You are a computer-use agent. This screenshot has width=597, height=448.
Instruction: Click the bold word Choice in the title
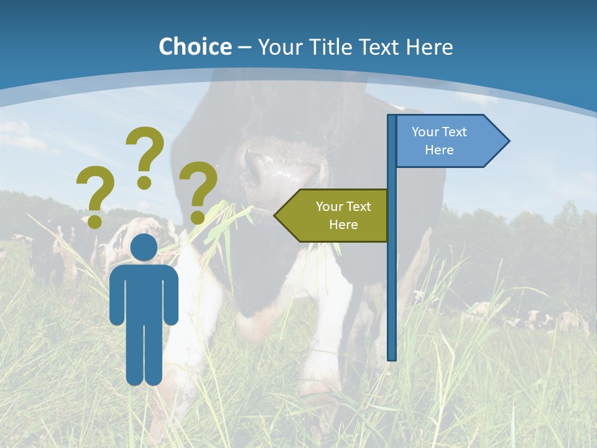(x=195, y=47)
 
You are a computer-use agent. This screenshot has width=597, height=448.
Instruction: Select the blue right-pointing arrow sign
(x=451, y=141)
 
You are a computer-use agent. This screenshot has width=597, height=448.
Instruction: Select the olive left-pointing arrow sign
(x=333, y=215)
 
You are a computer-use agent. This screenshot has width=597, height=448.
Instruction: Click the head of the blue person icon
(x=144, y=247)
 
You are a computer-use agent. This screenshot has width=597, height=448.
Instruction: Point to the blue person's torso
(x=144, y=292)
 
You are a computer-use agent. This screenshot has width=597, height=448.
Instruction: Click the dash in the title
(x=244, y=47)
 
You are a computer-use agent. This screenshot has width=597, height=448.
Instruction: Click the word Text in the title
(x=381, y=47)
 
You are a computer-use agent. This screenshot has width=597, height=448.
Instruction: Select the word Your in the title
(x=280, y=47)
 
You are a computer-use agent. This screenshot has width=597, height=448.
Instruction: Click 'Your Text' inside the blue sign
(x=439, y=132)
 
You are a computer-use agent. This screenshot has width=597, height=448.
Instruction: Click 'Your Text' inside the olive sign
(x=343, y=207)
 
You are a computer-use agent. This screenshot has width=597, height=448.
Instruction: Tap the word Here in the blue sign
(x=439, y=150)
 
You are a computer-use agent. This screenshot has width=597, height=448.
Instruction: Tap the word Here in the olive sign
(x=343, y=225)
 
